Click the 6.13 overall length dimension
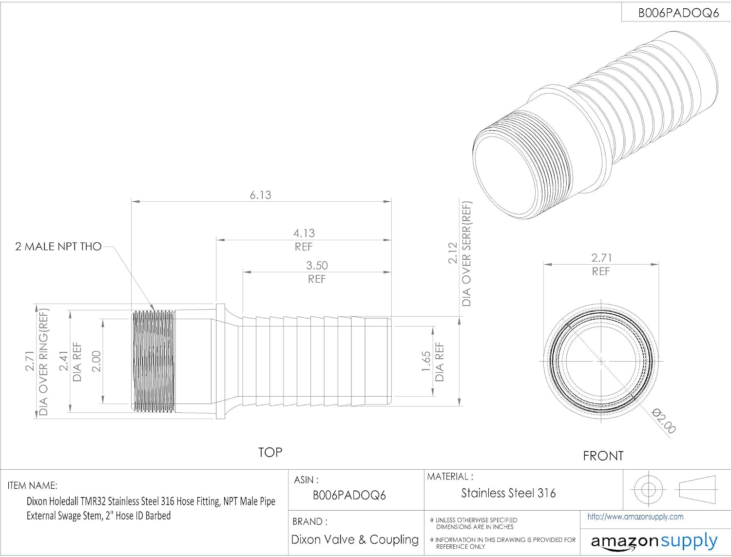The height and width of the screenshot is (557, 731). tap(260, 195)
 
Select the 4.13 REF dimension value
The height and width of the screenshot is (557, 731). tap(304, 233)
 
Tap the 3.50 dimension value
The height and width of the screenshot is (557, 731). tap(317, 266)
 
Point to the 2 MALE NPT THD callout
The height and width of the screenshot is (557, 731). tap(58, 247)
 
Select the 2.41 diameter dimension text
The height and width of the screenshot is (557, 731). tap(63, 361)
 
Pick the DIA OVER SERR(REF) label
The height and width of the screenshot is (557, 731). tap(466, 254)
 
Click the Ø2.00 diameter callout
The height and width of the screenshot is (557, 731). tap(663, 421)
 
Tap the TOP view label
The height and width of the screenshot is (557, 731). tap(270, 452)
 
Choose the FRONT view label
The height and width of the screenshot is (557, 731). tap(603, 456)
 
